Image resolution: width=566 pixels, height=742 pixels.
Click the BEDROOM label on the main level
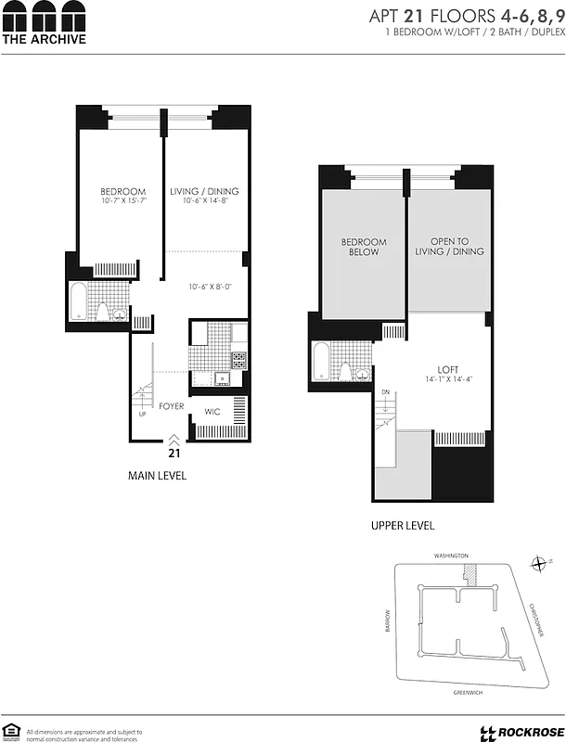pos(123,192)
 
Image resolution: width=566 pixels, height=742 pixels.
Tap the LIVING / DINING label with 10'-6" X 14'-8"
pos(199,192)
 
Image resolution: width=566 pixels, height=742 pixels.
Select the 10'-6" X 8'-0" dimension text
pos(210,287)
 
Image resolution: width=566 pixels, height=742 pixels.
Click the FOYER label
pos(171,406)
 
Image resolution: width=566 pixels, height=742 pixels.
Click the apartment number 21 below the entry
pos(173,454)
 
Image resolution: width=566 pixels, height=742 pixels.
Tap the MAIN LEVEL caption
pos(157,476)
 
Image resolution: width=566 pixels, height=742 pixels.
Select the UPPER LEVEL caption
pos(403,525)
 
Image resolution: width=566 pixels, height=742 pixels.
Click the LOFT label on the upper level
pos(450,369)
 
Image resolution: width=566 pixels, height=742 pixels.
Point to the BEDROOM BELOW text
pos(363,247)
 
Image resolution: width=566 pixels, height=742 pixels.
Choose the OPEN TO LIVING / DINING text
pos(450,247)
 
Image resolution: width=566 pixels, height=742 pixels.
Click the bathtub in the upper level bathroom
pos(319,362)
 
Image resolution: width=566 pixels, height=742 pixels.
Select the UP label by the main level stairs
pos(141,414)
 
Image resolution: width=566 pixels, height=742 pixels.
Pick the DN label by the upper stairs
pos(384,392)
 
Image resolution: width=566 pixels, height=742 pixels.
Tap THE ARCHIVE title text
pos(44,39)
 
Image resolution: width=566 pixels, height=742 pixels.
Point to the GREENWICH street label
pos(454,691)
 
